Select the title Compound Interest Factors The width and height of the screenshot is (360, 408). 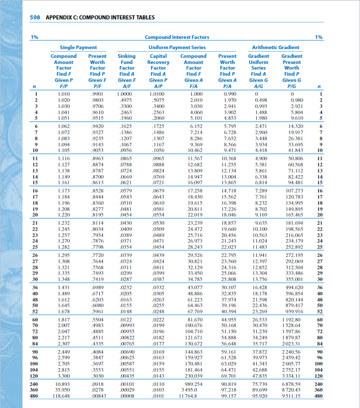(176, 37)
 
